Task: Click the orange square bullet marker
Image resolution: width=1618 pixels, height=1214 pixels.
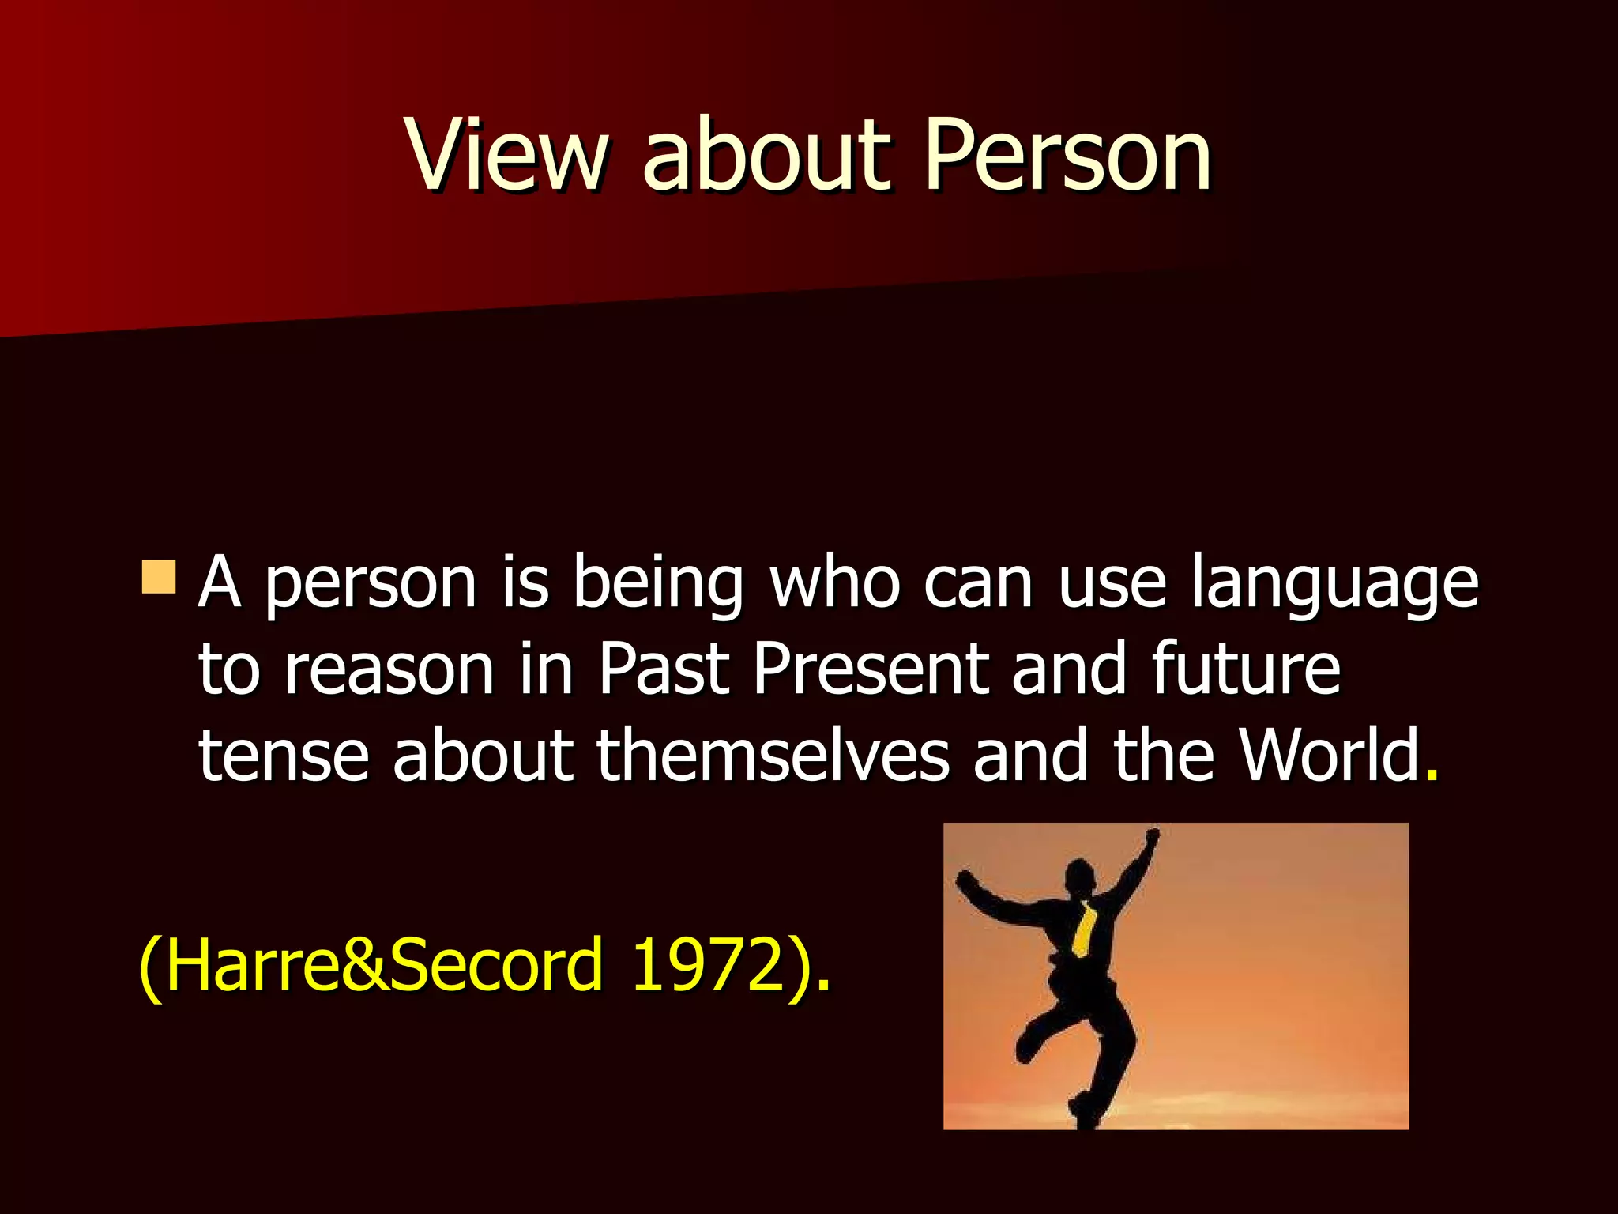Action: pyautogui.click(x=159, y=577)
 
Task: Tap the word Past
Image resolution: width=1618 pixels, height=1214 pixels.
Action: pyautogui.click(x=662, y=670)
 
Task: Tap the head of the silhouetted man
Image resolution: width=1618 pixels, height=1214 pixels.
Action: pyautogui.click(x=1080, y=876)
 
